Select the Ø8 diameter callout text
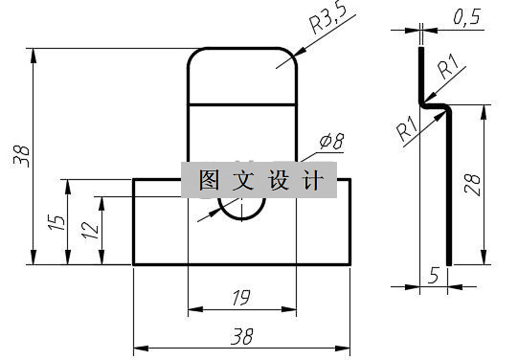[x=332, y=141]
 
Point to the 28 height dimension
[x=470, y=182]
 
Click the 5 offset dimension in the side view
[x=434, y=276]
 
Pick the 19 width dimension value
[x=241, y=297]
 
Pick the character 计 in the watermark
[x=310, y=180]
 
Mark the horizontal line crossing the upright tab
[x=242, y=102]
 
